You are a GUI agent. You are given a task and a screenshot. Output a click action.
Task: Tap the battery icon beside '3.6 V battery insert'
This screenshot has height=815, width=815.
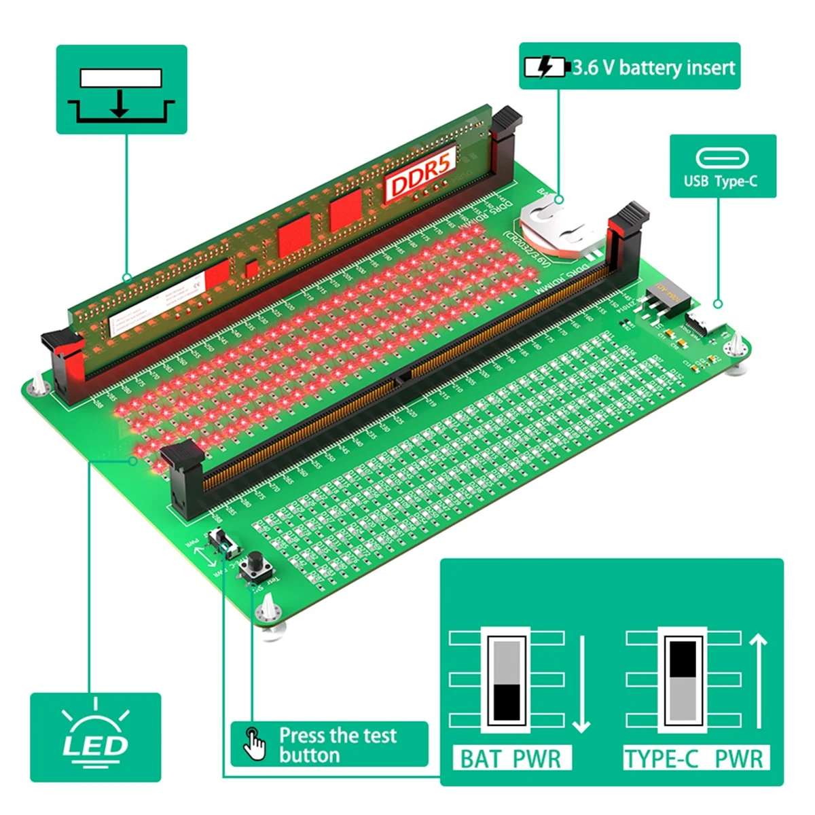click(545, 67)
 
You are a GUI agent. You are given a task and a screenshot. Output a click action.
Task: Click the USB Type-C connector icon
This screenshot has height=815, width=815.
click(722, 158)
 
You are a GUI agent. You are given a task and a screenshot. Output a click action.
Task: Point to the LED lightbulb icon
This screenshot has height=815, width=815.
click(95, 737)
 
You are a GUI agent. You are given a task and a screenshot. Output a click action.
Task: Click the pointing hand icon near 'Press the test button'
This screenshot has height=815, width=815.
click(255, 744)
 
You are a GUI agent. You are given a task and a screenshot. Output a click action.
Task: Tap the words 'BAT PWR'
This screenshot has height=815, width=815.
click(511, 758)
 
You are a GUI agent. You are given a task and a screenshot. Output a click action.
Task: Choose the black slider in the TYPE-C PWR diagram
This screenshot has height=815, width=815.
click(683, 658)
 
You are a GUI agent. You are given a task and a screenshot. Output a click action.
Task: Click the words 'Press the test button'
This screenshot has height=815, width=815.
click(338, 745)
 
